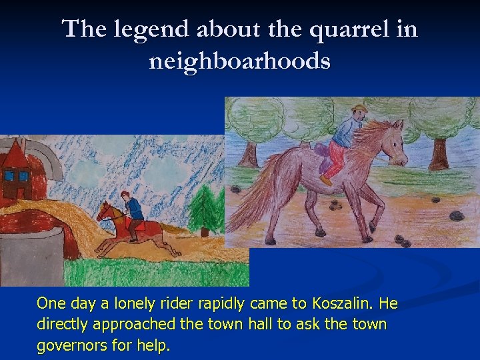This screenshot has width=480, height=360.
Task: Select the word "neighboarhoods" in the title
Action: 240,61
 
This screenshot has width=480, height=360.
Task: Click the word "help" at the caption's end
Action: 154,347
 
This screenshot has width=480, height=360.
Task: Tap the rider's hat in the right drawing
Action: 360,108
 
